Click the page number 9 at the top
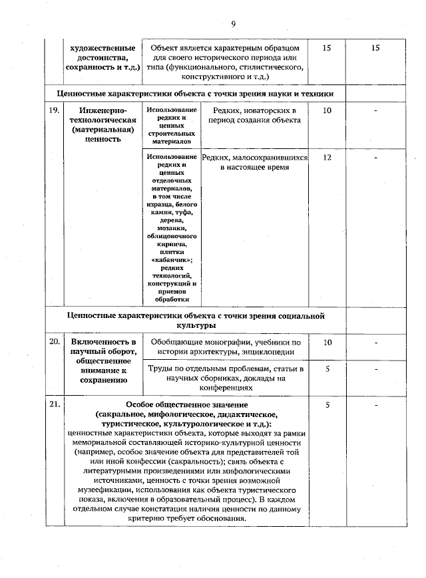(234, 25)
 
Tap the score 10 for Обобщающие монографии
(327, 342)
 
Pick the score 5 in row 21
(327, 404)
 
